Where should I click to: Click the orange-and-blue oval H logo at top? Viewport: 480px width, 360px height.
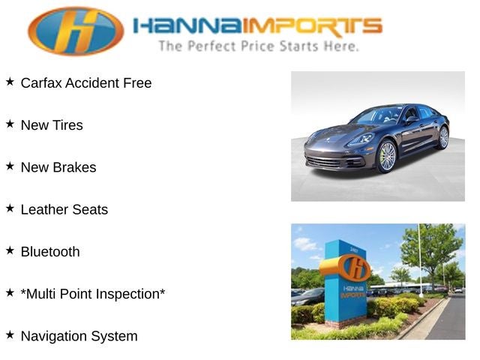[x=76, y=31]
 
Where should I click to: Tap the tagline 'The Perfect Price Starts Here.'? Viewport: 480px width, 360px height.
[x=257, y=46]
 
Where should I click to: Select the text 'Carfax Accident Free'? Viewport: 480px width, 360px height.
[x=85, y=83]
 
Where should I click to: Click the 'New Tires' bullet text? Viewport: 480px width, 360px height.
[x=52, y=125]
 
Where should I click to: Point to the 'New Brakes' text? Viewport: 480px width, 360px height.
[x=58, y=167]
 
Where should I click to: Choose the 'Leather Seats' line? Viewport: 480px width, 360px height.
[x=64, y=210]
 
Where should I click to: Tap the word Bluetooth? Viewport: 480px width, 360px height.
[x=50, y=252]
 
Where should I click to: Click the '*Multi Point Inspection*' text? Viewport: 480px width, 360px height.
[x=93, y=294]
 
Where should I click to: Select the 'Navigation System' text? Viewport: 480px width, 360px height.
[x=79, y=336]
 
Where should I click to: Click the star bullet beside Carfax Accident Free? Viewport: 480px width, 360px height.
[x=10, y=82]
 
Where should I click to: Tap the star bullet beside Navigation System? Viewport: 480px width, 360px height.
[x=10, y=334]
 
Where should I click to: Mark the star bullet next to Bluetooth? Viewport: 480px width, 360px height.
[x=10, y=250]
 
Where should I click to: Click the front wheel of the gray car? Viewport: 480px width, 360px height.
[x=386, y=156]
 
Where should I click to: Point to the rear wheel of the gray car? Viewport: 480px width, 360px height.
[x=443, y=136]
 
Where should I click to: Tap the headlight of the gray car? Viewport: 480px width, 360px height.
[x=361, y=139]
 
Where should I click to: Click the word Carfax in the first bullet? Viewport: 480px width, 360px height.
[x=40, y=83]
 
